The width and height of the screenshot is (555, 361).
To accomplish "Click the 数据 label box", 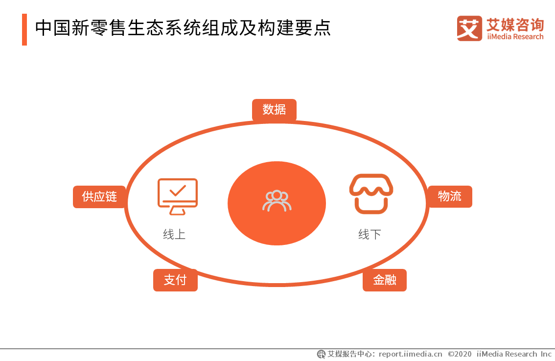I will coord(274,110).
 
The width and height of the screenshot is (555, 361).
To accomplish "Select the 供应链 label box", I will coord(99,197).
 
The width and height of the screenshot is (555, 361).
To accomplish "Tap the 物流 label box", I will coord(450,196).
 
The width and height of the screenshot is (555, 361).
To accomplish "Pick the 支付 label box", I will coord(175,280).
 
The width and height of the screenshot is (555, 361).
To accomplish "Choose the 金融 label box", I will coord(384,280).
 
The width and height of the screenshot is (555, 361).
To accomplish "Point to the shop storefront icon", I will coord(371,194).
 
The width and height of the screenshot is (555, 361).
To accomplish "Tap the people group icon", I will coord(277,201).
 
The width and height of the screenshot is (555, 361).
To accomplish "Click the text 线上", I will coord(174,235).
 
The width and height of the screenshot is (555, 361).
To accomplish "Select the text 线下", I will coord(370,235).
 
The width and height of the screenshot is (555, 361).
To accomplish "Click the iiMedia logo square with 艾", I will coord(469,28).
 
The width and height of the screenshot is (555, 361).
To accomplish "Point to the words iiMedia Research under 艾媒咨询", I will coord(515,37).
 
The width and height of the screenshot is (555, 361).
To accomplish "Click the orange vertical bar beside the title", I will coord(24,29).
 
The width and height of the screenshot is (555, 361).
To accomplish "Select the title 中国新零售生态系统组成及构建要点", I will coord(183,28).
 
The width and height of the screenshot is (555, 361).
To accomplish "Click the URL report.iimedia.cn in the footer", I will coord(410,354).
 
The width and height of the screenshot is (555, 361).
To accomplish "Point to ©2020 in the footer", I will coord(460,354).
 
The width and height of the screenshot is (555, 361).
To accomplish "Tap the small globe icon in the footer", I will coord(322,354).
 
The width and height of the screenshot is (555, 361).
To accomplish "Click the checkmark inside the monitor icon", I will coord(178,190).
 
